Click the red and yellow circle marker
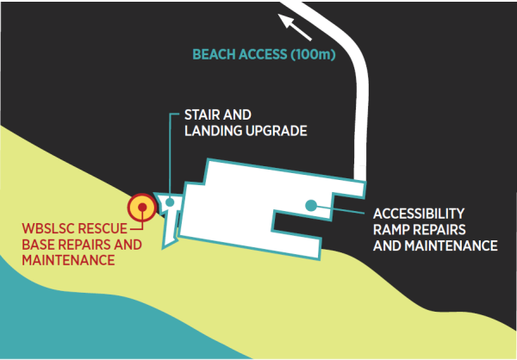tap(140, 208)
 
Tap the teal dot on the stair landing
tap(171, 204)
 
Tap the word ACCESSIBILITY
tap(420, 213)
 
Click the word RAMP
tap(391, 229)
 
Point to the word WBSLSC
tap(51, 228)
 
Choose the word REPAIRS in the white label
tap(439, 229)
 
